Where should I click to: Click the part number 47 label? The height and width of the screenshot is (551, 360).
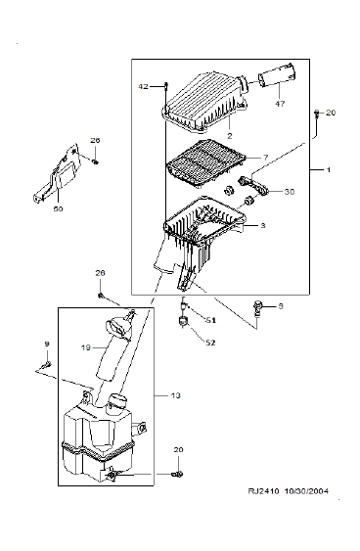(280, 104)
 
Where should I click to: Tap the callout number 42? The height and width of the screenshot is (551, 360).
(143, 86)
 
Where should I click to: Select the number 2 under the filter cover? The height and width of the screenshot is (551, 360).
(230, 136)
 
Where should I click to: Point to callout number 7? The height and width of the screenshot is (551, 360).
(265, 157)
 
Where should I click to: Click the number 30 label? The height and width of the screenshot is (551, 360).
(289, 192)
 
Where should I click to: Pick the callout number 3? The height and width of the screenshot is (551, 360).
(263, 226)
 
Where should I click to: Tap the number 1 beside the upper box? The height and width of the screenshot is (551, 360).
(329, 170)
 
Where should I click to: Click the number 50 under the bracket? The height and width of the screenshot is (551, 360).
(59, 208)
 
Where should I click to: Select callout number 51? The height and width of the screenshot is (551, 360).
(210, 320)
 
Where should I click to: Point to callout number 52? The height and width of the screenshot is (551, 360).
(210, 343)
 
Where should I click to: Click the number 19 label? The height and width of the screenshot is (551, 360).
(86, 347)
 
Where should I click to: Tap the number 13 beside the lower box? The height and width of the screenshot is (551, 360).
(176, 395)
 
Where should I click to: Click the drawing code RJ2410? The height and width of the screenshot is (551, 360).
(263, 491)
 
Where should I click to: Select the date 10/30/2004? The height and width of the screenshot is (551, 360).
(306, 491)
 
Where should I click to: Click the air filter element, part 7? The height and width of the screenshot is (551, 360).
(205, 162)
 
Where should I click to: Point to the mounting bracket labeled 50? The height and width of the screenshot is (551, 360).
(58, 172)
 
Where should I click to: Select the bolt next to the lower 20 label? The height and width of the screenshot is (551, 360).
(178, 475)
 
